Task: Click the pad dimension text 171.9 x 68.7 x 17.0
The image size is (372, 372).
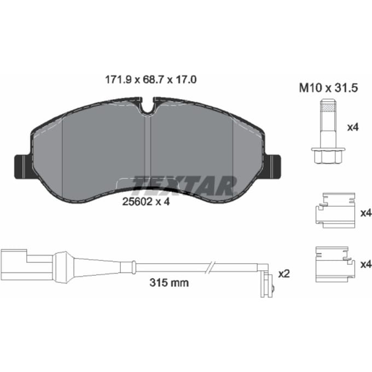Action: pos(150,80)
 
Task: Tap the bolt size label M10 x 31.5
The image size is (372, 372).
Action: pos(328,88)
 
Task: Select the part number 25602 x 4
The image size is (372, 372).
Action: pos(146,202)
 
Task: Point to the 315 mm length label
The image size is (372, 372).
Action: pos(169,283)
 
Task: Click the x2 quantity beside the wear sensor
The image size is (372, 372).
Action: pos(284,274)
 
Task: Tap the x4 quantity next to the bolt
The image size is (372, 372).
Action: pos(353,127)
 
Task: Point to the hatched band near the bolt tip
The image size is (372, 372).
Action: pos(328,108)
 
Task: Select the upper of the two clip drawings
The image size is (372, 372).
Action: pos(335,211)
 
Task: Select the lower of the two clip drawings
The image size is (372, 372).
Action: pos(335,265)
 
